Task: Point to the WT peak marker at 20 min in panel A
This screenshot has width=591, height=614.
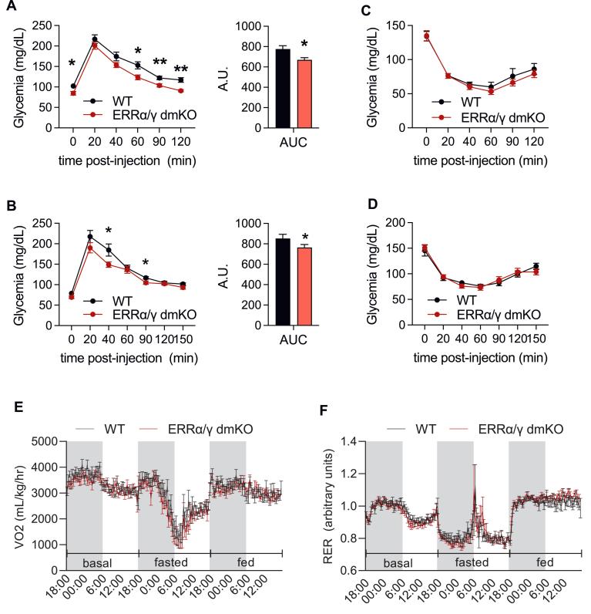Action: [x=95, y=39]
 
